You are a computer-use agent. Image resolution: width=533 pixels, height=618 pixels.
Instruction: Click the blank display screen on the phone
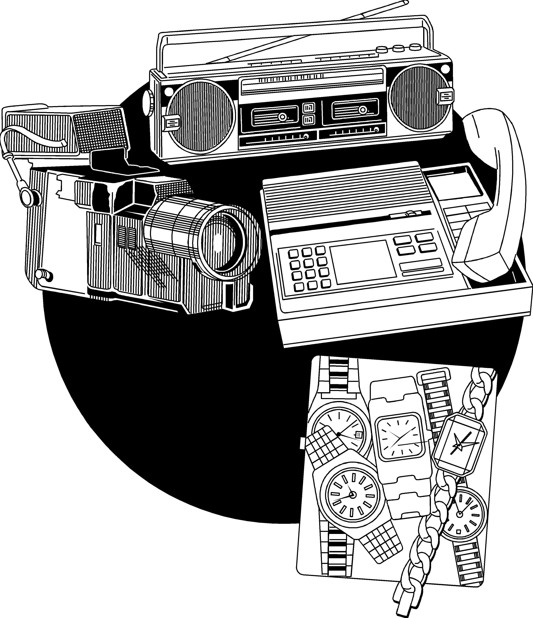(363, 262)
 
